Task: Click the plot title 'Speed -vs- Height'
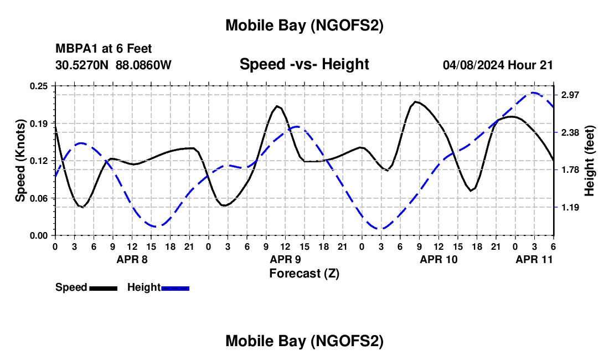304,64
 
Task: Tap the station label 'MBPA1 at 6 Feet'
104,49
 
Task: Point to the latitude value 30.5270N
82,65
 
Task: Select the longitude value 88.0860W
143,65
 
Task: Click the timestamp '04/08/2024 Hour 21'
498,65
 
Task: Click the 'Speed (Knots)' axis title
20,161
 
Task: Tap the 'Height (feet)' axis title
590,161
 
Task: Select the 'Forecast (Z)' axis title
304,273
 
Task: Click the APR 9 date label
285,259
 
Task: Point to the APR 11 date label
534,259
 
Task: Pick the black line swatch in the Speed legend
104,288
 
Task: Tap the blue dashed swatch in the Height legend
176,288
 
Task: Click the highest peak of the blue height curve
534,92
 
